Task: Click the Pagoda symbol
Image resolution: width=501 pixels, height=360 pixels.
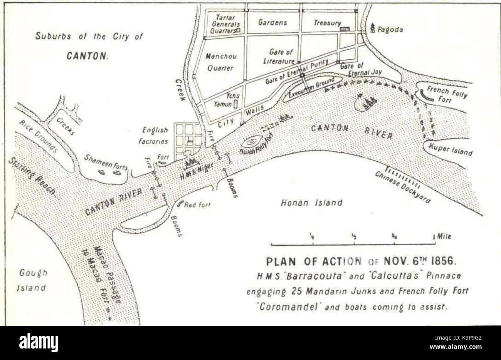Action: [x=372, y=27]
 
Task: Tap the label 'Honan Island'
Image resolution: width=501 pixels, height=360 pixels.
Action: [x=311, y=202]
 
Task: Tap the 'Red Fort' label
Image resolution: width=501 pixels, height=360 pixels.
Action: [x=197, y=205]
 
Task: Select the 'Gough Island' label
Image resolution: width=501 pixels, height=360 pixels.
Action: [x=33, y=280]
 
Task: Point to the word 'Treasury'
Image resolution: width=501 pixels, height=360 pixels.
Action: [x=327, y=23]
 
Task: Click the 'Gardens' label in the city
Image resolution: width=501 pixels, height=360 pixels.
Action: [x=272, y=22]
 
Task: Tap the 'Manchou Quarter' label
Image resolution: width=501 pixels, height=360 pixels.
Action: [x=220, y=62]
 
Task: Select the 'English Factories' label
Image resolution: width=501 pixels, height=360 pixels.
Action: [x=155, y=136]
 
